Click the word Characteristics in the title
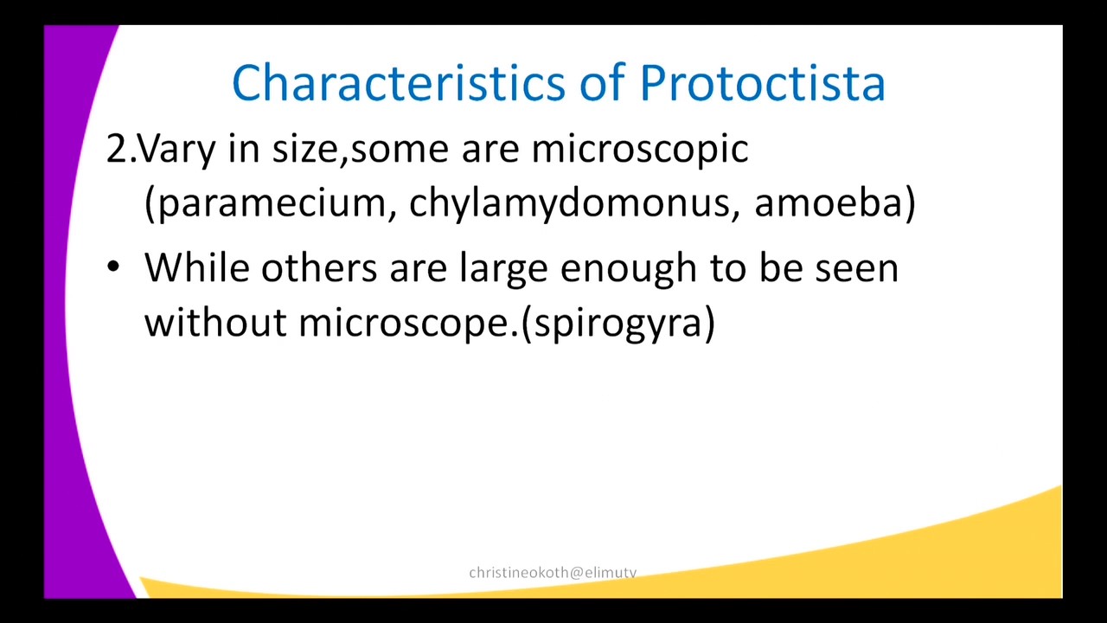pyautogui.click(x=399, y=84)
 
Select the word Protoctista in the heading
pyautogui.click(x=762, y=84)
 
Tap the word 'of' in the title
pyautogui.click(x=602, y=84)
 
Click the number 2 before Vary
pyautogui.click(x=116, y=150)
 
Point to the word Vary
pyautogui.click(x=177, y=150)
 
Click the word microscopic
pyautogui.click(x=639, y=150)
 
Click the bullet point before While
pyautogui.click(x=113, y=267)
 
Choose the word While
pyautogui.click(x=196, y=267)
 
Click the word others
pyautogui.click(x=318, y=267)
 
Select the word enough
pyautogui.click(x=629, y=269)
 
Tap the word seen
pyautogui.click(x=856, y=269)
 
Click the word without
pyautogui.click(x=214, y=323)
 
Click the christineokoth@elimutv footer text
pyautogui.click(x=553, y=572)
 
